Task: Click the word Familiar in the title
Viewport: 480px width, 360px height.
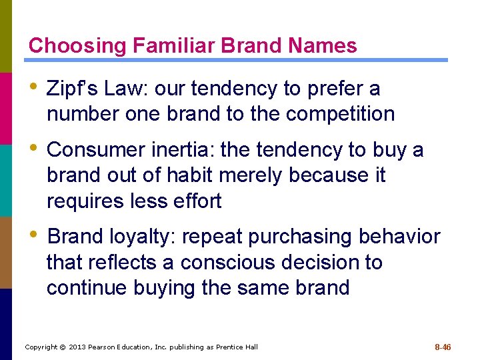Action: [x=173, y=46]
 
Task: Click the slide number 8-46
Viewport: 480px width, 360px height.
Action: [x=443, y=347]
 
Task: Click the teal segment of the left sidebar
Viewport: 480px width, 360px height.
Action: [x=6, y=180]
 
